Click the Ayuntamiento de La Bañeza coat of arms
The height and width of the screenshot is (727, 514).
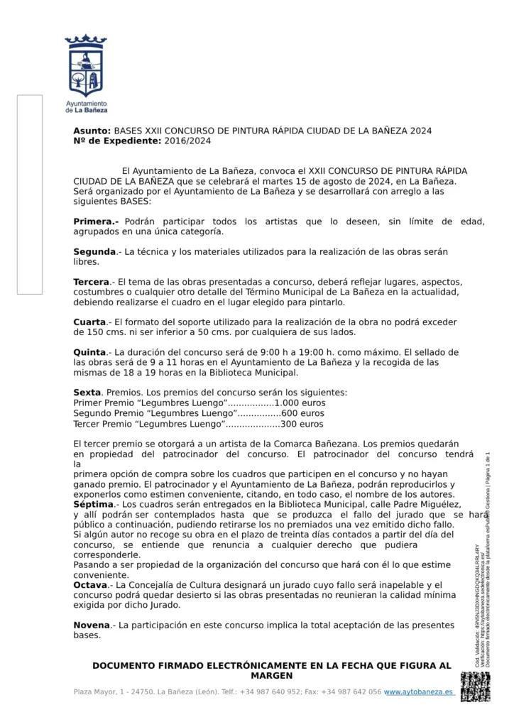coord(86,65)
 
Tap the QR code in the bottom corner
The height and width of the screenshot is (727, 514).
coord(475,687)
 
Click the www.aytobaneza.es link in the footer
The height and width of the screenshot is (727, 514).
coord(419,692)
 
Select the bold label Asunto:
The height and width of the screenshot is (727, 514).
coord(92,131)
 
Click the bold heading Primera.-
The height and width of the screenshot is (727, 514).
coord(97,222)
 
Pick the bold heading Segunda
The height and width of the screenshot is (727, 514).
coord(94,252)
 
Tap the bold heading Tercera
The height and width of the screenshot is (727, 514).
coord(92,282)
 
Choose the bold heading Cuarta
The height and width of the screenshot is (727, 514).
coord(89,322)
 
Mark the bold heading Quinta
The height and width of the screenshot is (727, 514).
coord(90,352)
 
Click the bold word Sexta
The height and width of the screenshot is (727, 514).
coord(87,392)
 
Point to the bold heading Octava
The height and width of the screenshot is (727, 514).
coord(90,585)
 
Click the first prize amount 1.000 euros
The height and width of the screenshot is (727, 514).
coord(300,403)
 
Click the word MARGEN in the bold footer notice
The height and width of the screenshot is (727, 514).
coord(272,675)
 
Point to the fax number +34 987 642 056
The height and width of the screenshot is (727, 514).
coord(351,692)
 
